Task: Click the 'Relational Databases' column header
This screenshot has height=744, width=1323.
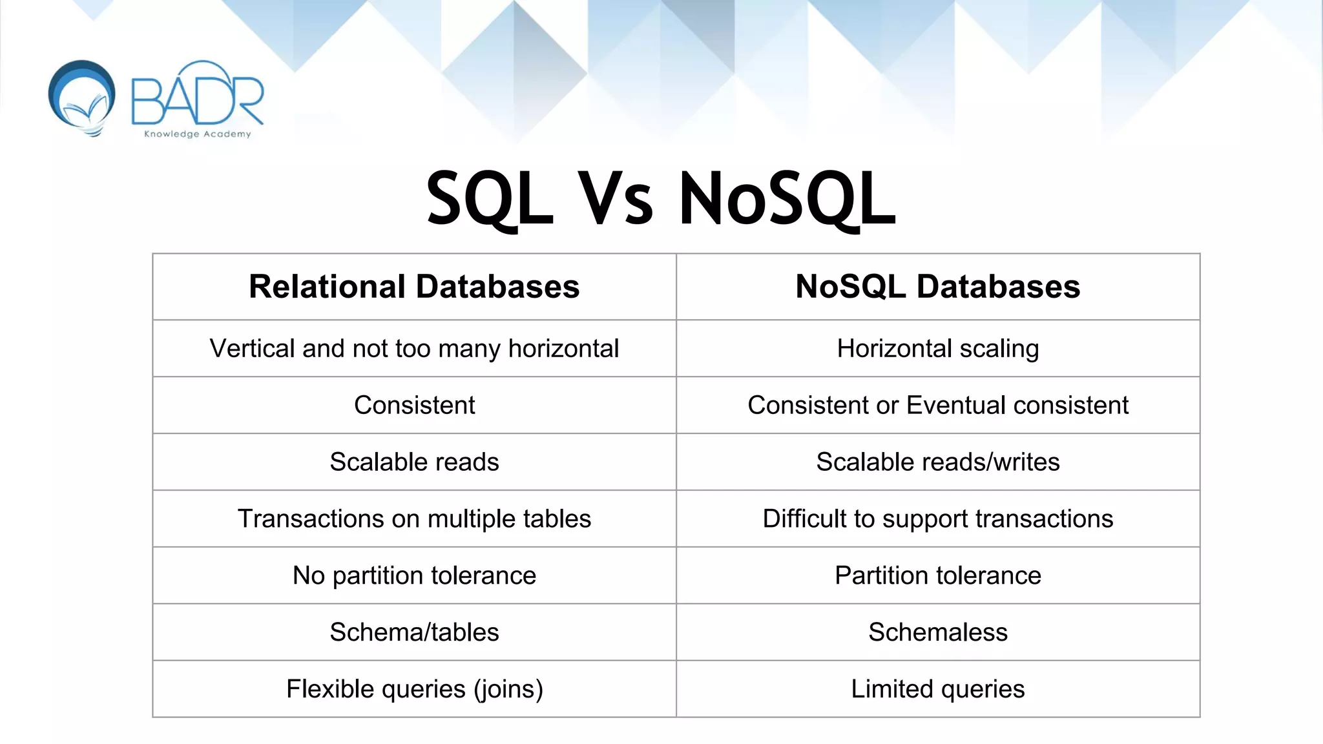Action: point(414,287)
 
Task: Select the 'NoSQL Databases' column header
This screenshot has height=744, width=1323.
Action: point(937,287)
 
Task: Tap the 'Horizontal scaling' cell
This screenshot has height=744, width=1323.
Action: point(937,349)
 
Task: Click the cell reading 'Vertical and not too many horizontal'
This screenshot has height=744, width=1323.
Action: point(414,349)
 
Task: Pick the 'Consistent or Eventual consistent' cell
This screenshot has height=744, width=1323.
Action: point(937,406)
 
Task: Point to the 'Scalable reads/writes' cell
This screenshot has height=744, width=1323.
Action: point(937,462)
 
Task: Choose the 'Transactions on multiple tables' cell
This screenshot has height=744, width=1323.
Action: point(414,519)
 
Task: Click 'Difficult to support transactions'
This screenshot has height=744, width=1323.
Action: point(937,519)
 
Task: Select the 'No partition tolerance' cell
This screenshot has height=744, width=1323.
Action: point(414,575)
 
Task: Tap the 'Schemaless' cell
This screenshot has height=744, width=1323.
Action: point(937,632)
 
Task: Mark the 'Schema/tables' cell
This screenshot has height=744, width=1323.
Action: point(414,632)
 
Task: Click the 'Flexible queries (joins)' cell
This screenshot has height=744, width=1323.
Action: point(414,689)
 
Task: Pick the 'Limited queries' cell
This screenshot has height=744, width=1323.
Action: point(937,689)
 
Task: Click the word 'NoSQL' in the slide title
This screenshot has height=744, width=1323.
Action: point(787,199)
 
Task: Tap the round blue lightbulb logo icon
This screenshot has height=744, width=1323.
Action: point(82,98)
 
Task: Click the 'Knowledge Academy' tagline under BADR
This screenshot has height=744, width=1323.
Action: point(197,134)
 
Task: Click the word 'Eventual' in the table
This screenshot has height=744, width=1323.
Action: point(956,406)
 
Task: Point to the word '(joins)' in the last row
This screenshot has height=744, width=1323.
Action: point(508,689)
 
